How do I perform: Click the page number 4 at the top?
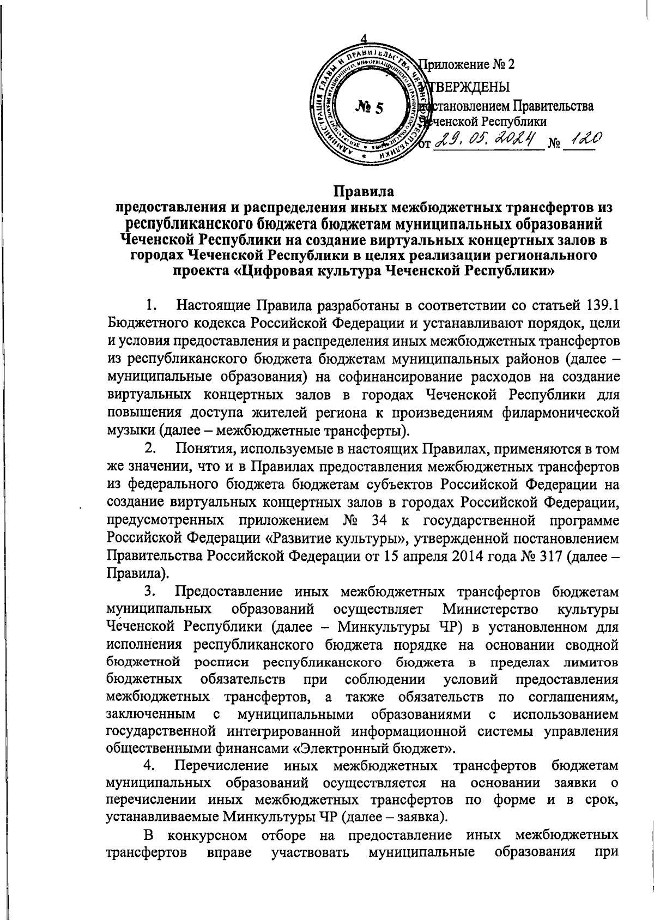(364, 39)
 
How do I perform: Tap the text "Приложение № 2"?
(467, 64)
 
